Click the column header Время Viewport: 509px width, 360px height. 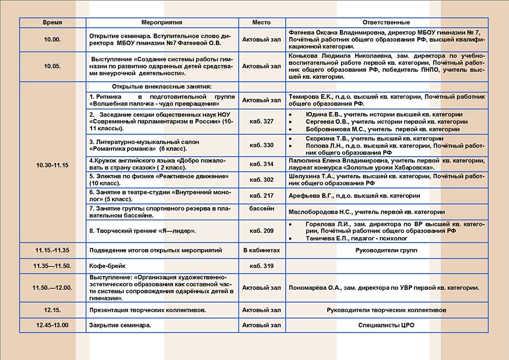click(x=52, y=22)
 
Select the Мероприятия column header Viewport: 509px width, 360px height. click(x=161, y=22)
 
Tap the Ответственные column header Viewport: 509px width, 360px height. click(x=386, y=22)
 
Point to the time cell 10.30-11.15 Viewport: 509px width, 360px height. click(x=52, y=164)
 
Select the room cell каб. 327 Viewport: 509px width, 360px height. click(x=262, y=121)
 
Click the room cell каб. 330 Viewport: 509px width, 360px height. click(x=262, y=145)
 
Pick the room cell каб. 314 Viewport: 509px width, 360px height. click(x=262, y=164)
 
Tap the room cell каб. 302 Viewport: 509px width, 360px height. click(x=262, y=180)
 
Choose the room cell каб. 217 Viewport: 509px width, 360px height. click(x=262, y=196)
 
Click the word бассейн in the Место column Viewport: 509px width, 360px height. click(x=262, y=209)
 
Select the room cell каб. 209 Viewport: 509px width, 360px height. click(x=262, y=231)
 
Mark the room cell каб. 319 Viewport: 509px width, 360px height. click(x=262, y=266)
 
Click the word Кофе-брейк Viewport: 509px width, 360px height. click(x=107, y=266)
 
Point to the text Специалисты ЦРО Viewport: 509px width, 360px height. click(x=386, y=325)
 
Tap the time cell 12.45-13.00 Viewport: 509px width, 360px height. click(x=52, y=325)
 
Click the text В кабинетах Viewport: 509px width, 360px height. click(x=262, y=251)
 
